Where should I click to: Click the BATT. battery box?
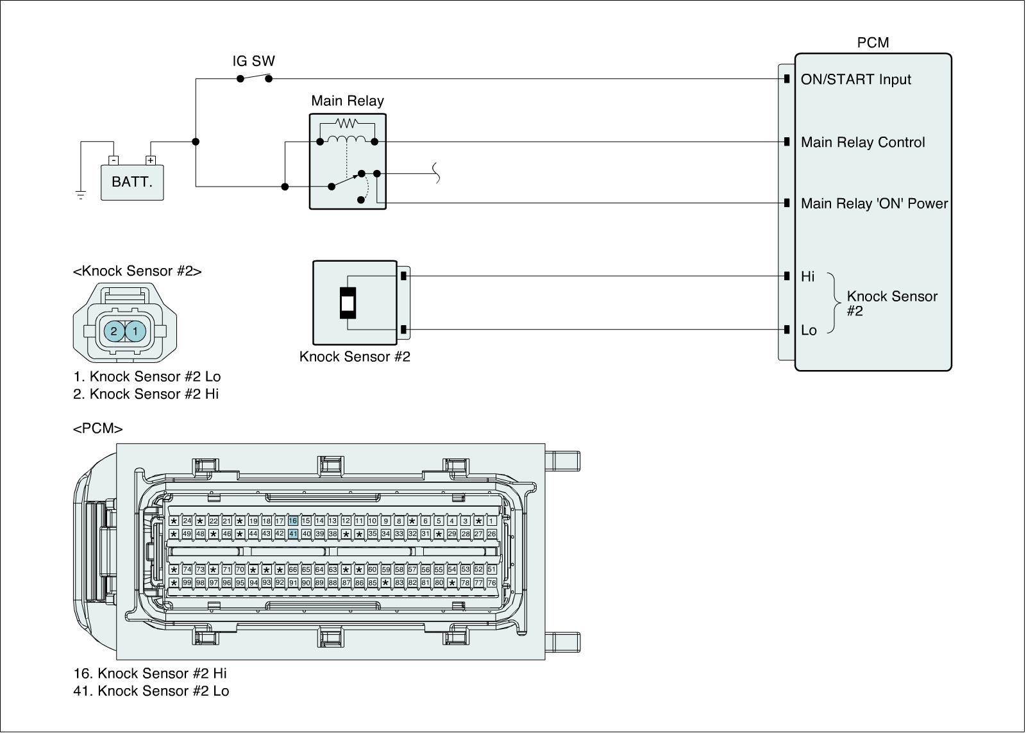[132, 182]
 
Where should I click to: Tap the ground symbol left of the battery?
[81, 195]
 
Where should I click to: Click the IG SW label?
[253, 61]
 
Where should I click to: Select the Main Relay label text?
[347, 101]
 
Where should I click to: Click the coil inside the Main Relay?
[347, 140]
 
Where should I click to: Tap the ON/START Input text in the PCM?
[855, 80]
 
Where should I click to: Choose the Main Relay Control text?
[862, 142]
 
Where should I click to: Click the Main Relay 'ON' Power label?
[874, 203]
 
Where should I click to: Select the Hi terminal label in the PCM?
[807, 276]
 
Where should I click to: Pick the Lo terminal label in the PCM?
[808, 330]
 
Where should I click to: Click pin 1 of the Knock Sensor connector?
[135, 331]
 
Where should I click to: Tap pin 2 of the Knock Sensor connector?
[114, 331]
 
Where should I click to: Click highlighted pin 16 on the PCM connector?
[293, 521]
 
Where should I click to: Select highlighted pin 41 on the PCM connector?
[293, 534]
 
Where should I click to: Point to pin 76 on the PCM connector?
[492, 583]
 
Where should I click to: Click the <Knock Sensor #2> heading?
[137, 271]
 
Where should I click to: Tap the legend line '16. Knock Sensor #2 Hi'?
[150, 673]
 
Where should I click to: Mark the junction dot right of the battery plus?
[196, 142]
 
